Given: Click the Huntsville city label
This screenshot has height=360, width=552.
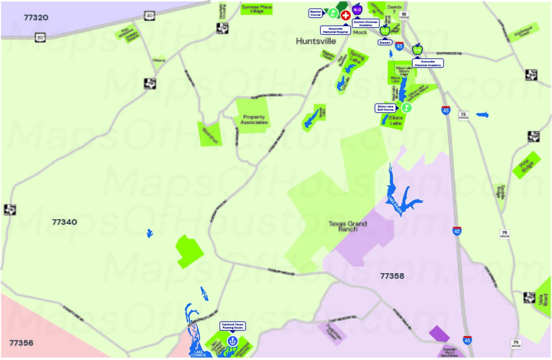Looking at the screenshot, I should coord(316,41).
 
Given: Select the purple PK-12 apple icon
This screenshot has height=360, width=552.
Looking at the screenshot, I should coord(357,9).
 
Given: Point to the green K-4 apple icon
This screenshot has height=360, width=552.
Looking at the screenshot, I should coord(385,30).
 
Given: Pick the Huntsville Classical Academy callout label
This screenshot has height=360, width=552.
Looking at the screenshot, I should coord(428,63).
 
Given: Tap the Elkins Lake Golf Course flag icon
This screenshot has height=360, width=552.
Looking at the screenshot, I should coord(406,107).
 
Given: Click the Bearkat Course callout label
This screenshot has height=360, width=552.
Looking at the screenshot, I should coord(316,13).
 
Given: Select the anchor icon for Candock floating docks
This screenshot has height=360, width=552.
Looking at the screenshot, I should coord(232,341).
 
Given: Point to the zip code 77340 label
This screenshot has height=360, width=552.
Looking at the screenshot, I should coord(65,222).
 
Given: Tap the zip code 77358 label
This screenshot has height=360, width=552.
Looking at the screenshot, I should coord(392,276).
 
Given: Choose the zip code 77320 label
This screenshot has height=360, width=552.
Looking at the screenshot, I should coord(36,18).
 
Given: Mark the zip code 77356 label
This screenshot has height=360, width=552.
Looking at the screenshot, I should coord(21,343).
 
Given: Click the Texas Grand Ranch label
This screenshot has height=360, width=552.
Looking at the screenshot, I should coord(348,226).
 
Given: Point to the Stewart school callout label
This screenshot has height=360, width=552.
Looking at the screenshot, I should coord(385,42).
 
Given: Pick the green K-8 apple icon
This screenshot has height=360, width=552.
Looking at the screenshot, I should coord(418,49).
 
